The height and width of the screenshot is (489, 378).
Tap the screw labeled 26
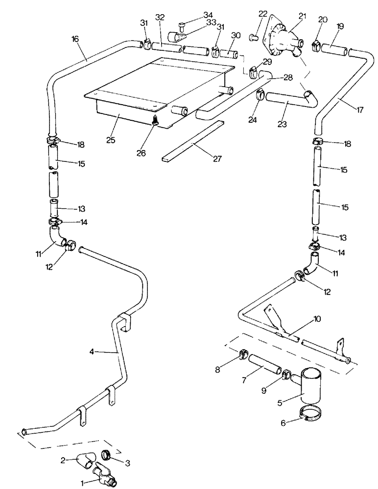[x=154, y=120]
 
